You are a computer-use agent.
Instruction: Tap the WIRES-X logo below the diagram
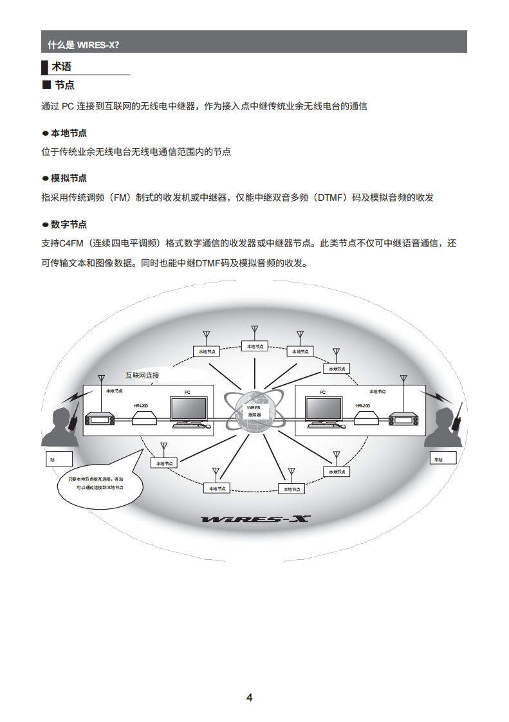pyautogui.click(x=255, y=519)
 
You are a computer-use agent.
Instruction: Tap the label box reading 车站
pyautogui.click(x=443, y=458)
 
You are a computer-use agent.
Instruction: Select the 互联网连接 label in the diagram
pyautogui.click(x=142, y=375)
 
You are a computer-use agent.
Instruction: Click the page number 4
pyautogui.click(x=250, y=698)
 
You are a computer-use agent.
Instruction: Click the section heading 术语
pyautogui.click(x=61, y=66)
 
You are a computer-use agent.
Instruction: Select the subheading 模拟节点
pyautogui.click(x=68, y=178)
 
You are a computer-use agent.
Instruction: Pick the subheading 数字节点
pyautogui.click(x=68, y=225)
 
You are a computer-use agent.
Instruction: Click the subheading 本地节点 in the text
pyautogui.click(x=68, y=133)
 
